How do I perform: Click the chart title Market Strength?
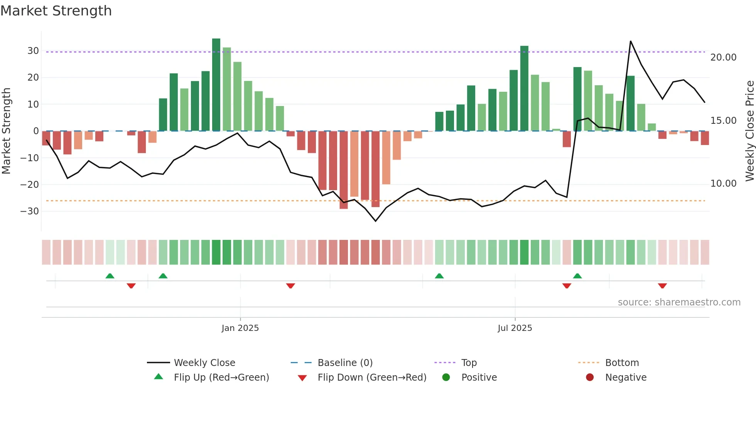(56, 11)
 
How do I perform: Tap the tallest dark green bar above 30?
(216, 85)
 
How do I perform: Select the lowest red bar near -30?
(343, 170)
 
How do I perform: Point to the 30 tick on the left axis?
(33, 51)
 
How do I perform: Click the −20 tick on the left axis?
(30, 185)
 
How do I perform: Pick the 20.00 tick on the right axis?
(723, 57)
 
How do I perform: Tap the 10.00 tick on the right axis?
(723, 184)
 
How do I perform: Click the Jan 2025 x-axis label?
(240, 328)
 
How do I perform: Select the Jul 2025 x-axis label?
(515, 328)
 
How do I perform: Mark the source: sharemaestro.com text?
(679, 302)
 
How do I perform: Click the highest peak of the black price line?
(630, 41)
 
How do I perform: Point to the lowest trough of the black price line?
(375, 221)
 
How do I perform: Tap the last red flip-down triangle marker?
(662, 286)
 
